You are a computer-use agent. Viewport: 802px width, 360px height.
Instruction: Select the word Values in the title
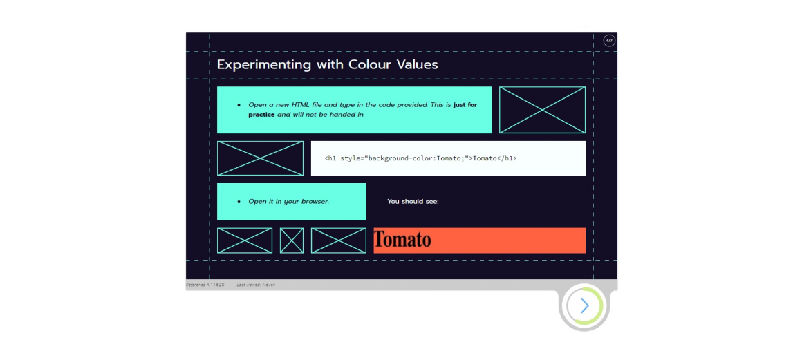(418, 64)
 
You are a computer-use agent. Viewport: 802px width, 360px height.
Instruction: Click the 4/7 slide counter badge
(608, 40)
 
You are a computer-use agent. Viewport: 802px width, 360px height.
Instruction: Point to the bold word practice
(262, 115)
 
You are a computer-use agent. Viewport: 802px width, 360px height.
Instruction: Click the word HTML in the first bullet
(301, 105)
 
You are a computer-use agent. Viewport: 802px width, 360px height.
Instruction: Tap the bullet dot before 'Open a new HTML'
(239, 105)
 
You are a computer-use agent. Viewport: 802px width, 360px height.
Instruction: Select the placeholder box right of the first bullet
(542, 110)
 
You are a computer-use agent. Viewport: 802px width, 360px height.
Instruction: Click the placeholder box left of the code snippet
(261, 158)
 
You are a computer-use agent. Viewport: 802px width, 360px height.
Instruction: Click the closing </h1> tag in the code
(507, 158)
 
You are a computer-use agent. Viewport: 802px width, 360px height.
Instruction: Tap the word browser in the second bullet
(315, 202)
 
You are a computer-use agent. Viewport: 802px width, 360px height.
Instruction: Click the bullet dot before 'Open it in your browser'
(239, 202)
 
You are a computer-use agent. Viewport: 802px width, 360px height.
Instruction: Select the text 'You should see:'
(413, 202)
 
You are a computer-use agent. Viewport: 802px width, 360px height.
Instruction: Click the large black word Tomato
(402, 239)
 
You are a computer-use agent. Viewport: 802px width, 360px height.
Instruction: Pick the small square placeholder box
(292, 240)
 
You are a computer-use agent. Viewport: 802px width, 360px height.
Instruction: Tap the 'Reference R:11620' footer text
(205, 285)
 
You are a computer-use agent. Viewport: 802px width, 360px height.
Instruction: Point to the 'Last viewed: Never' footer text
(256, 285)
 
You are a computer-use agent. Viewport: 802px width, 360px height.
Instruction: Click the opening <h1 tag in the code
(330, 158)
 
